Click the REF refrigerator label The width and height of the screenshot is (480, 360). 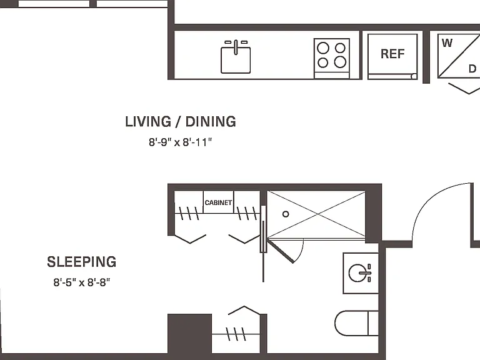392,54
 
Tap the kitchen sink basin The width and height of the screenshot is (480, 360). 236,60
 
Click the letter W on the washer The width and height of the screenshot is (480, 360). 447,43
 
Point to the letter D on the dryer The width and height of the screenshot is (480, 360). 472,69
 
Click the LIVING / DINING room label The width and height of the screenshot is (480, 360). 181,121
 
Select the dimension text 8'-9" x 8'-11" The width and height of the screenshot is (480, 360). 180,142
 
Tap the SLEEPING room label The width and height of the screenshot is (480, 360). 82,262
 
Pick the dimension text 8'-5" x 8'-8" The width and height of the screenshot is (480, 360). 82,282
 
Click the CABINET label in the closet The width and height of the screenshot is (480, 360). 218,202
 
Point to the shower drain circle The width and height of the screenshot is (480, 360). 286,214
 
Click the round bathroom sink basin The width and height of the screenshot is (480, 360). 357,273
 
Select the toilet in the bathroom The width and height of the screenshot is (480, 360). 357,324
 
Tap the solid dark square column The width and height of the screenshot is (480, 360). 189,334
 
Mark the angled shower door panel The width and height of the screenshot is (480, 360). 281,251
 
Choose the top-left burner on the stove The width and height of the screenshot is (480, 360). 323,48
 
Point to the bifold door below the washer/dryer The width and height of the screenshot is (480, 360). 464,88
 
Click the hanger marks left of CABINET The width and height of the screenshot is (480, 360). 189,213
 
